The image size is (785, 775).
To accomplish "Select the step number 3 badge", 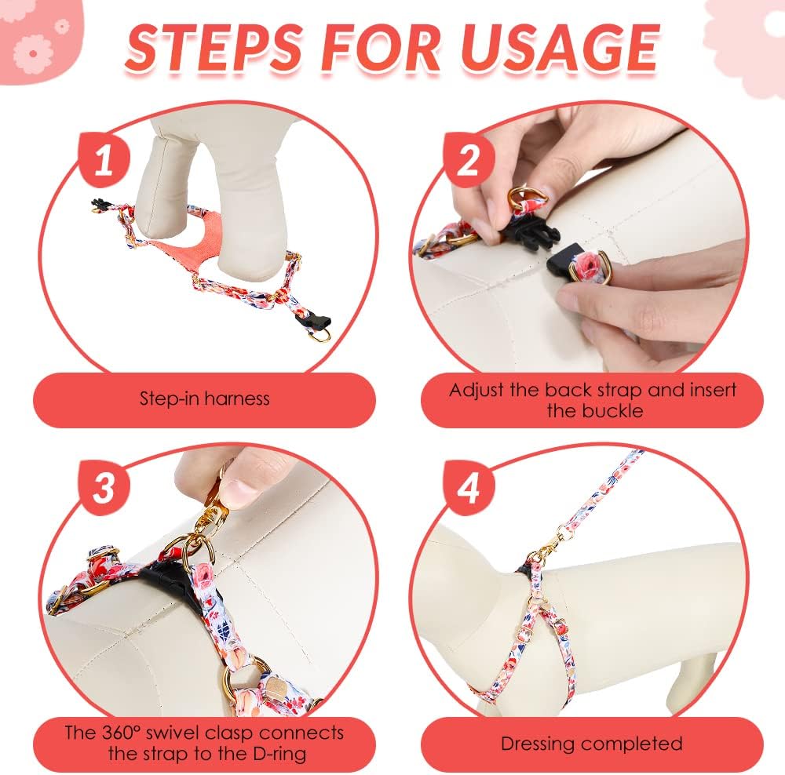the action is click(x=104, y=488).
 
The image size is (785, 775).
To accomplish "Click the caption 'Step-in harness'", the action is click(x=204, y=398).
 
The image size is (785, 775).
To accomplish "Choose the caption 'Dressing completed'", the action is click(x=592, y=744).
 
